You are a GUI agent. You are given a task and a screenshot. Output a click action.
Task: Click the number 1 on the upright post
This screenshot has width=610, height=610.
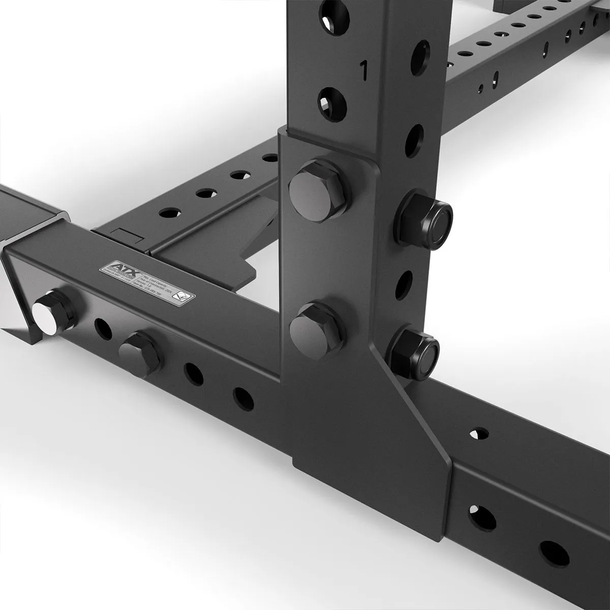coord(363,69)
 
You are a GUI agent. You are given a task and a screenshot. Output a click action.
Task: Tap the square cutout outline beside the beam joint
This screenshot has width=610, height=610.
coord(126,234)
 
